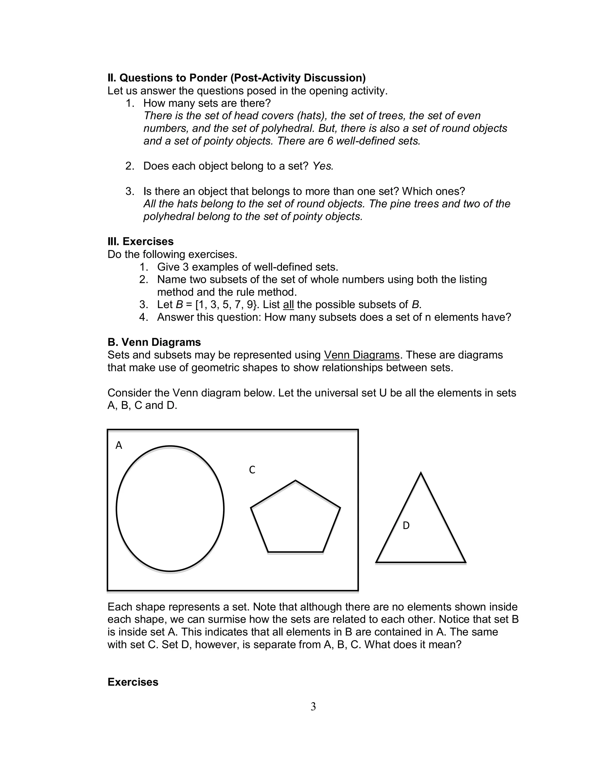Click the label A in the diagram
point(119,445)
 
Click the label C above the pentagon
point(252,470)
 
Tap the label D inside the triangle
point(406,526)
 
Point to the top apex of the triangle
point(421,473)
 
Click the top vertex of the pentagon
point(295,481)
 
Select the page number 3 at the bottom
point(313,706)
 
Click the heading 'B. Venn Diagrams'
point(154,342)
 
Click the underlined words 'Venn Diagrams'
point(361,355)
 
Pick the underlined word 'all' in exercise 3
point(288,304)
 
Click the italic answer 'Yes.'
point(323,166)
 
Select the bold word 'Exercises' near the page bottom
point(133,682)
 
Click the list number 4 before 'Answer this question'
point(143,317)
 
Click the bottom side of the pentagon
point(295,552)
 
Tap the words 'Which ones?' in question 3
point(433,191)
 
